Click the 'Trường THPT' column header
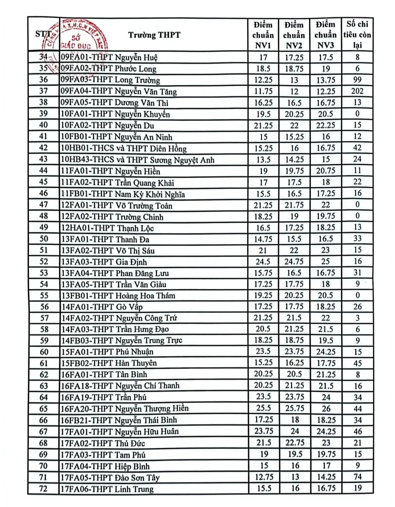pyautogui.click(x=154, y=35)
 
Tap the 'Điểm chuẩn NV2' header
pyautogui.click(x=294, y=35)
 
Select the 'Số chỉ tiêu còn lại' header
pyautogui.click(x=357, y=35)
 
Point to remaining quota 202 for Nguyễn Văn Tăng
pyautogui.click(x=357, y=91)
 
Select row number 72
pyautogui.click(x=43, y=488)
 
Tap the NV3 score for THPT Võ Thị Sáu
pyautogui.click(x=325, y=250)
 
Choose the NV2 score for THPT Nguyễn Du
pyautogui.click(x=294, y=125)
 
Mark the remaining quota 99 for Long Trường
pyautogui.click(x=357, y=80)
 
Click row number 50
pyautogui.click(x=43, y=239)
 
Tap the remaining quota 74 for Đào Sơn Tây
pyautogui.click(x=357, y=477)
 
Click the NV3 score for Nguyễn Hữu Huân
pyautogui.click(x=325, y=431)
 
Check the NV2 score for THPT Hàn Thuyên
pyautogui.click(x=294, y=363)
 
